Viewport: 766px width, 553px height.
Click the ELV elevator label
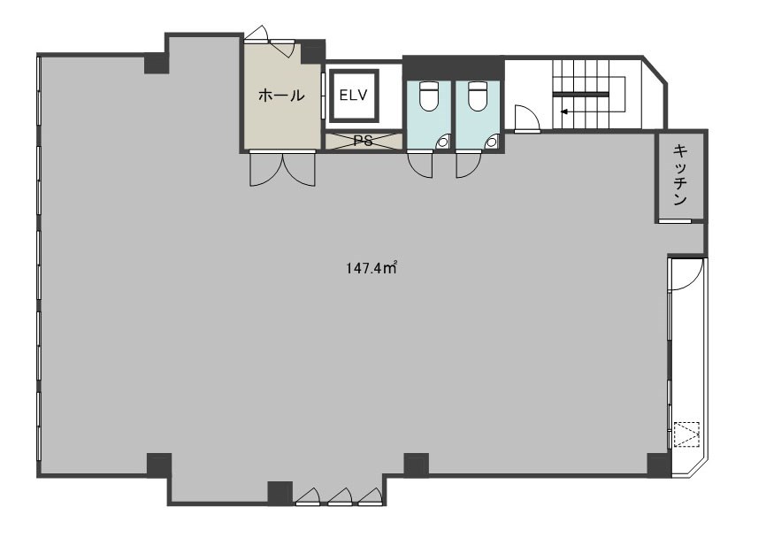tap(353, 96)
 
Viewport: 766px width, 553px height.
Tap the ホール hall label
tap(281, 96)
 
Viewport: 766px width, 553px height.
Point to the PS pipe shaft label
tap(363, 141)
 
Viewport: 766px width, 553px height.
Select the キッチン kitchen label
tap(680, 174)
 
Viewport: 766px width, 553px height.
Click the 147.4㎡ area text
tap(372, 268)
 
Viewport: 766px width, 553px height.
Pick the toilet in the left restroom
tap(429, 96)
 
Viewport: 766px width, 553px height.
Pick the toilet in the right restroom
tap(478, 96)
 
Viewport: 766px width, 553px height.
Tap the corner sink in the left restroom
tap(443, 142)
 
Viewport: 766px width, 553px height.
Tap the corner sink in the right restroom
tap(492, 142)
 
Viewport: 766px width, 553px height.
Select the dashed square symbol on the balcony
tap(687, 434)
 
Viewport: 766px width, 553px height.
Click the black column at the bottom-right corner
tap(659, 465)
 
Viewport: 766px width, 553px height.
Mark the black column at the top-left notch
tap(157, 63)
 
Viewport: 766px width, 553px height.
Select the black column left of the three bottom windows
tap(280, 493)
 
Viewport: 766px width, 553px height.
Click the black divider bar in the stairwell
tap(581, 93)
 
